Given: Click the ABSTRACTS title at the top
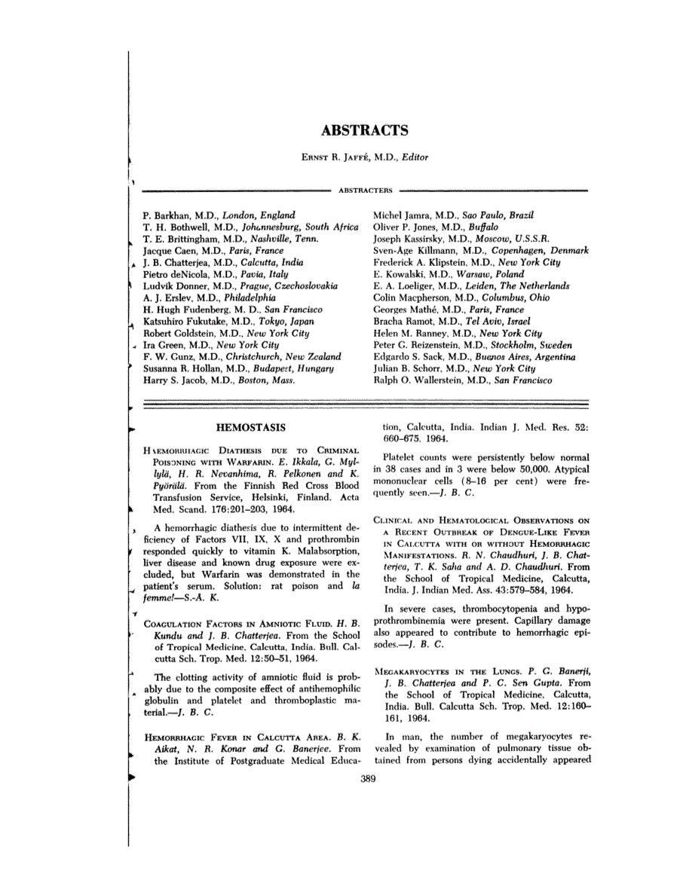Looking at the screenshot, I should pyautogui.click(x=365, y=130).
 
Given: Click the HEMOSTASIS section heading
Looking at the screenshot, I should pyautogui.click(x=250, y=428).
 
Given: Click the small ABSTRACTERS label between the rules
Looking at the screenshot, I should pyautogui.click(x=365, y=191).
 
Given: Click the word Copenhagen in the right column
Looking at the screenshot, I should pyautogui.click(x=518, y=250).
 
